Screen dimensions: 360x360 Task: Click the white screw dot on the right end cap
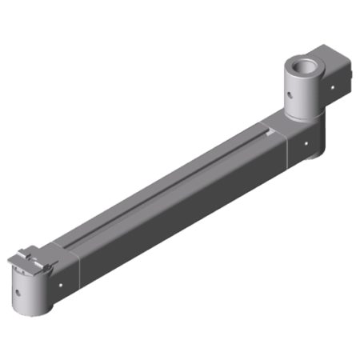(x=307, y=145)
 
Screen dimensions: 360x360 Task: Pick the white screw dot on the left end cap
(x=62, y=282)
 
